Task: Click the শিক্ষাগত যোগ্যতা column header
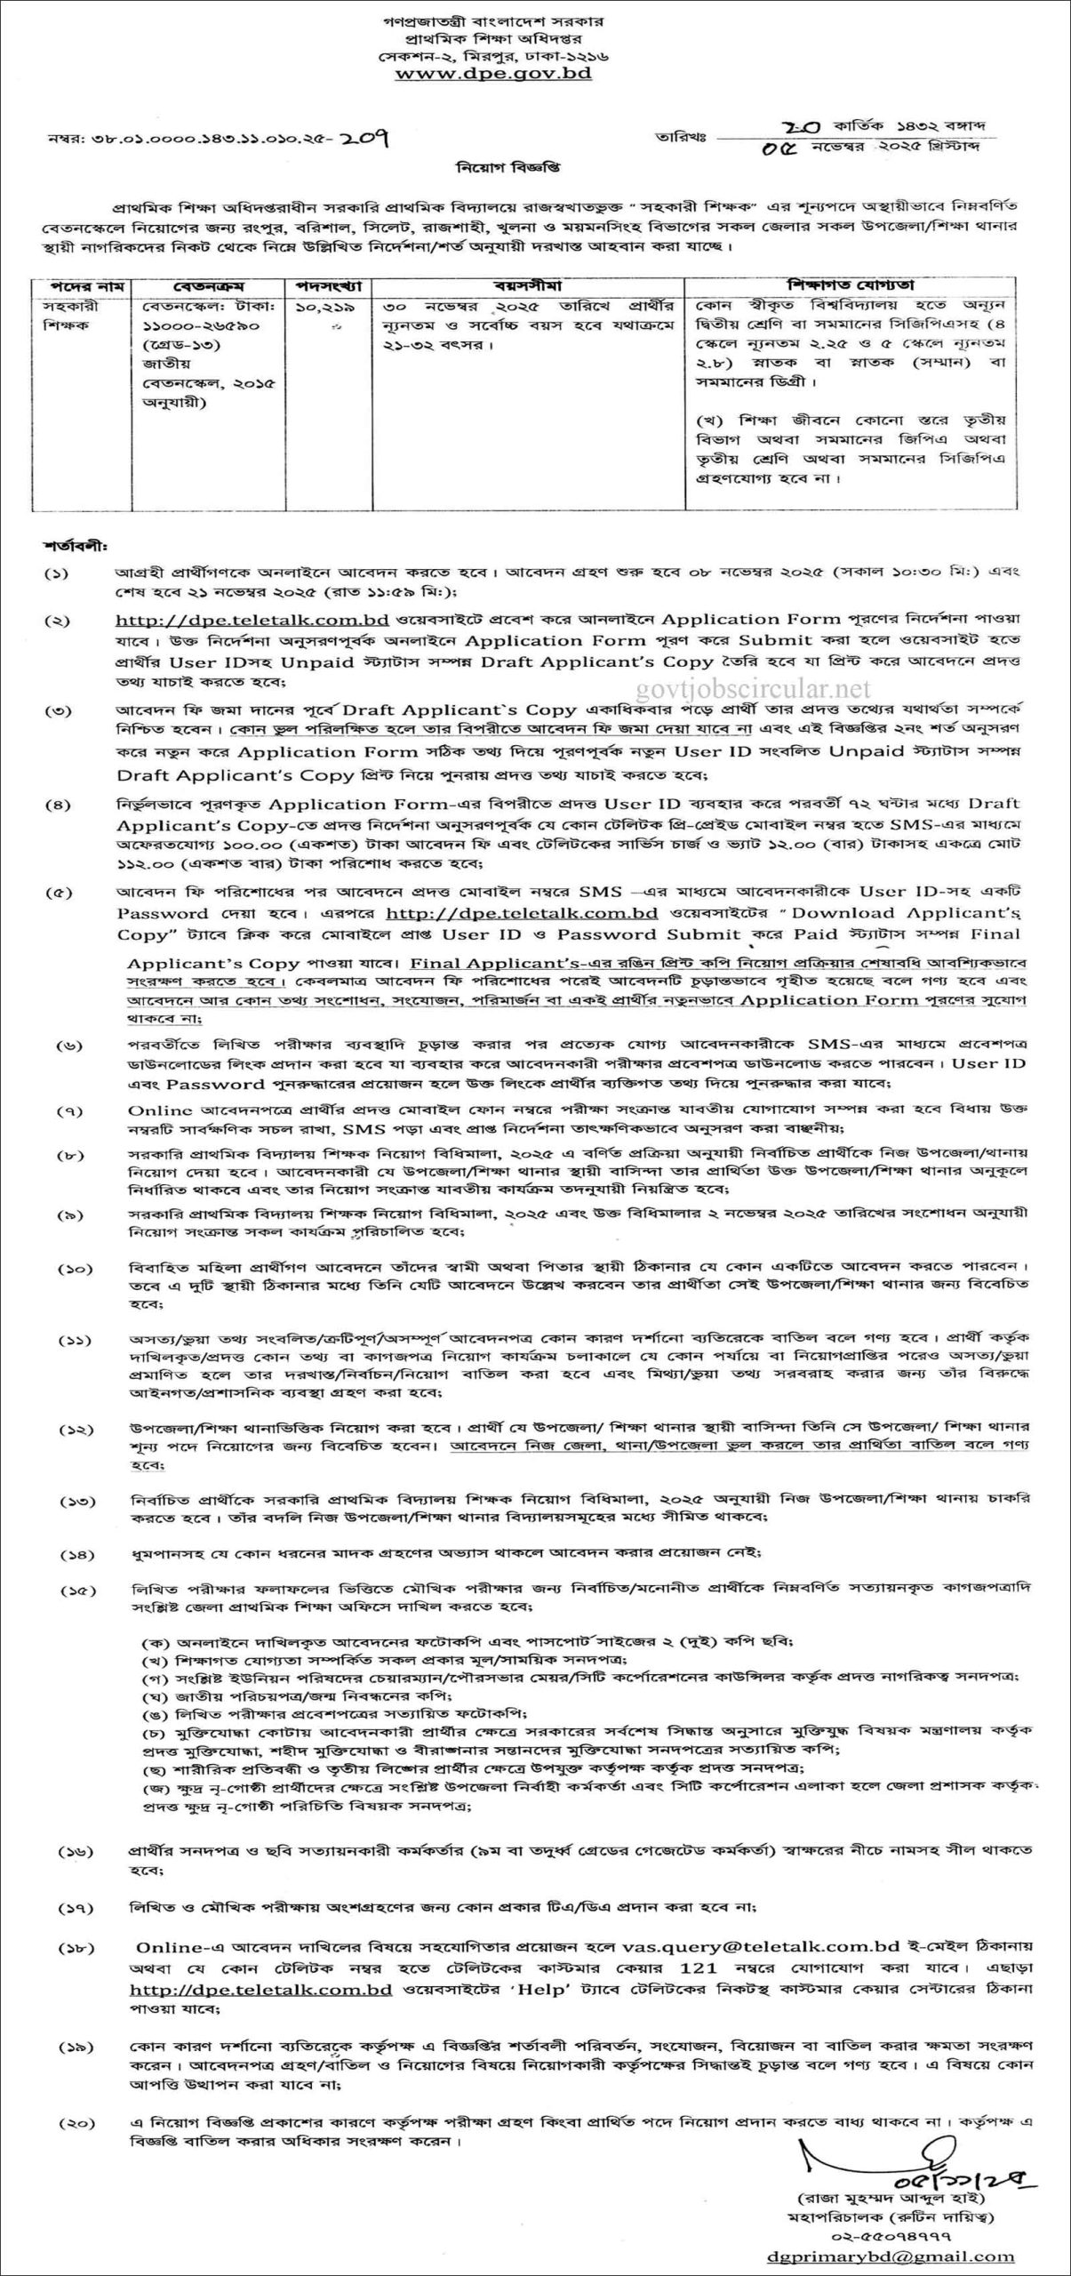click(x=851, y=286)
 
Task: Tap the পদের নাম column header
click(x=81, y=286)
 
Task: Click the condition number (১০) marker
click(x=73, y=1265)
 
